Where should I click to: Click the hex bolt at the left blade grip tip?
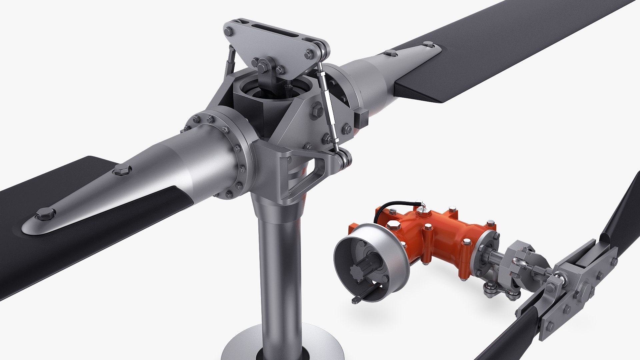[x=45, y=214]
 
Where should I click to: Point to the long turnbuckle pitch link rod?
[x=328, y=107]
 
